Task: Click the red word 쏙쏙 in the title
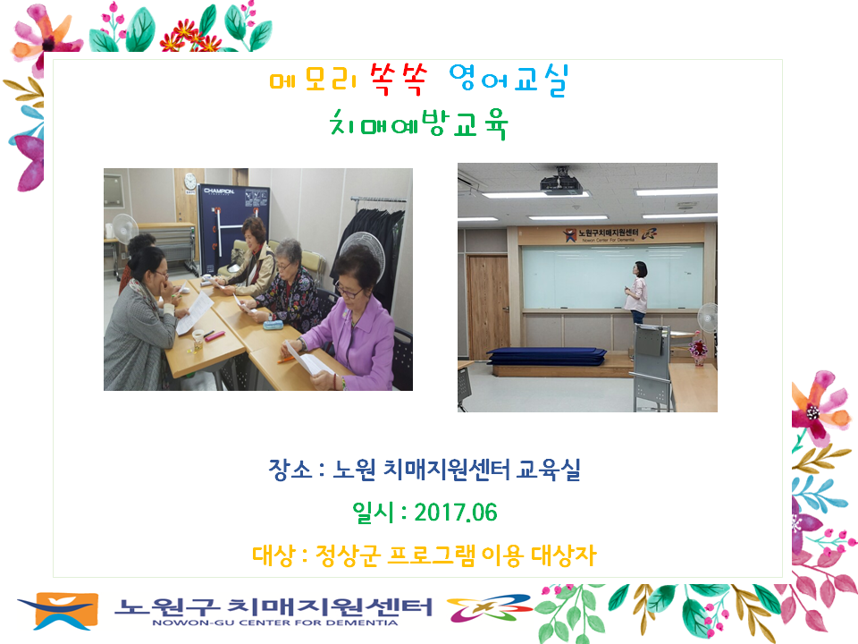pyautogui.click(x=399, y=80)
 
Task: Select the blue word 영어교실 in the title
pyautogui.click(x=509, y=80)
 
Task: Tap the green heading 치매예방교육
pyautogui.click(x=418, y=124)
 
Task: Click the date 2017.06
pyautogui.click(x=455, y=513)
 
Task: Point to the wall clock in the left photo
pyautogui.click(x=189, y=182)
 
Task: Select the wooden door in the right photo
pyautogui.click(x=488, y=307)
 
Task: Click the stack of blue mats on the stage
pyautogui.click(x=546, y=355)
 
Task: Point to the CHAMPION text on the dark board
pyautogui.click(x=219, y=191)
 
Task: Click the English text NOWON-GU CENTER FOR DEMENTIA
pyautogui.click(x=274, y=623)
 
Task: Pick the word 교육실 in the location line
pyautogui.click(x=548, y=470)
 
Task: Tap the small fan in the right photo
pyautogui.click(x=707, y=318)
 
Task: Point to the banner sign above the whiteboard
pyautogui.click(x=610, y=234)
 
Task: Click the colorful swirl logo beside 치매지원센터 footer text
pyautogui.click(x=490, y=608)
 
